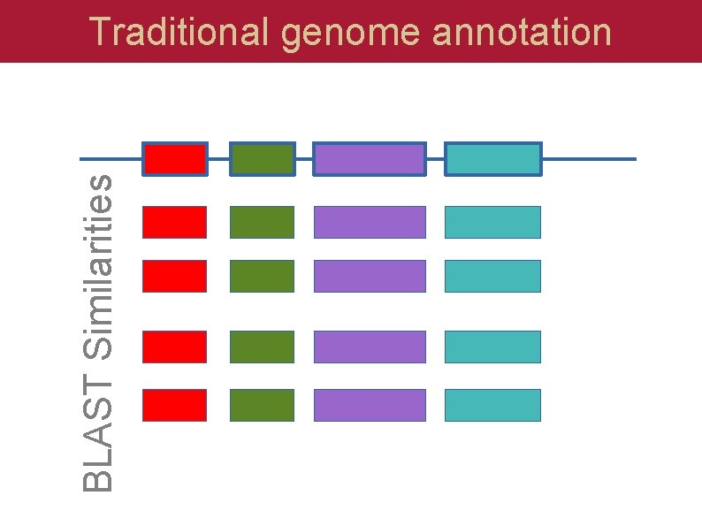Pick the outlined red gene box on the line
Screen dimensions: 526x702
coord(175,159)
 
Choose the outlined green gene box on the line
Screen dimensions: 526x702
coord(262,159)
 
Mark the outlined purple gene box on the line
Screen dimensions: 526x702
coord(370,159)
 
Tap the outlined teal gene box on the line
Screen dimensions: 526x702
coord(492,159)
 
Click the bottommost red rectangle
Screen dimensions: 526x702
coord(175,405)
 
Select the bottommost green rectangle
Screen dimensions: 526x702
coord(262,405)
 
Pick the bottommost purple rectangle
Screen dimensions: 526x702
coord(370,405)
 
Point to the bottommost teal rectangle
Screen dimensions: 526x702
coord(492,405)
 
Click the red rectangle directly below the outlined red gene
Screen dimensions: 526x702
coord(175,222)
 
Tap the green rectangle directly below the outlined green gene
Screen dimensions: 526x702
coord(262,222)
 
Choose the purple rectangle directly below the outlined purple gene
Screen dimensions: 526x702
coord(370,222)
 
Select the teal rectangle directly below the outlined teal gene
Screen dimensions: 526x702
coord(492,222)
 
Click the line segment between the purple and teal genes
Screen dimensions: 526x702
coord(435,159)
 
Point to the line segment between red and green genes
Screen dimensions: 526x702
coord(218,159)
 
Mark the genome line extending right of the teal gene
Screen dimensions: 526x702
coord(589,159)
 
